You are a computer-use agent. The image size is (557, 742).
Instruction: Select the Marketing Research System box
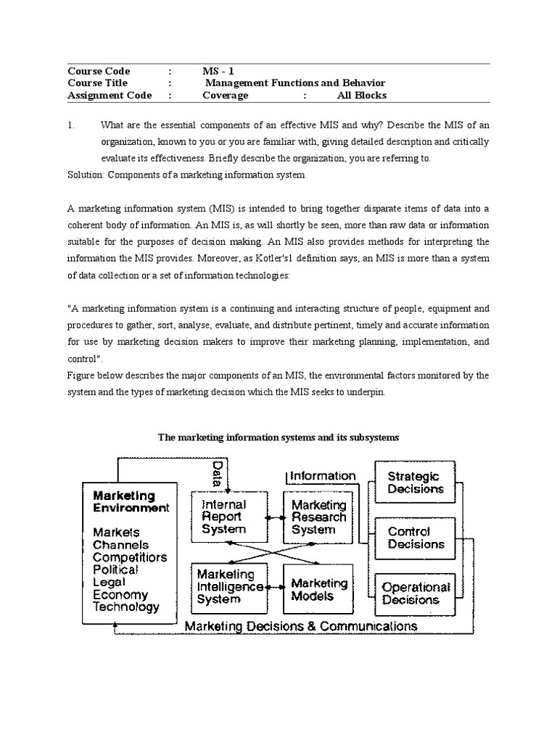point(313,517)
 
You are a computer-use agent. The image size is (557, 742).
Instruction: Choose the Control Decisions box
point(416,538)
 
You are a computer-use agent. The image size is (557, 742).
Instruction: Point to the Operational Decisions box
point(416,593)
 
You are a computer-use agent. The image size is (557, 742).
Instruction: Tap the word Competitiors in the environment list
point(130,557)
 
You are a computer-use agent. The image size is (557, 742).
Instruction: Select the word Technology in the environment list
point(126,607)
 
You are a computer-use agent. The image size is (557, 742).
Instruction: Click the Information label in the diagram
point(323,476)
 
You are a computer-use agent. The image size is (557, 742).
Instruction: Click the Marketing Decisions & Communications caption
point(300,625)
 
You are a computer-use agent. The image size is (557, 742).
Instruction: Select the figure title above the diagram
point(278,438)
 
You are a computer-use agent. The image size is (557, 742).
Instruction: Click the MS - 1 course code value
point(218,71)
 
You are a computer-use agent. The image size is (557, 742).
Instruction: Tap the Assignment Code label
point(110,96)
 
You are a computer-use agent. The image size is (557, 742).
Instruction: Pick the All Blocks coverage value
point(361,96)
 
